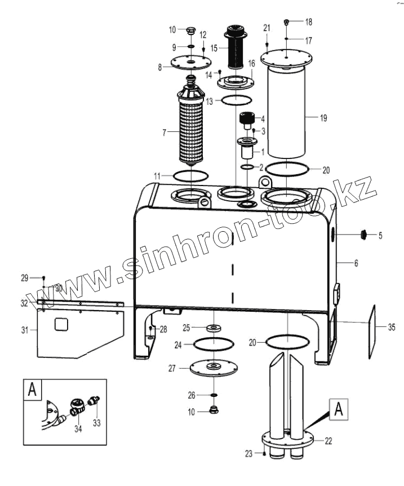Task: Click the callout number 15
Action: [x=214, y=48]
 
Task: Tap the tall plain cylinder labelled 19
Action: [x=287, y=113]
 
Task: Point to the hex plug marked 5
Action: [x=364, y=235]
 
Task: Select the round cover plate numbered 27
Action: [x=212, y=368]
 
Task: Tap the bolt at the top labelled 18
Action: [x=287, y=22]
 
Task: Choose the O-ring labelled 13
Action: [x=236, y=100]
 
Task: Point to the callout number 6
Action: [x=356, y=263]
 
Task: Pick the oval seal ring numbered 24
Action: [x=212, y=343]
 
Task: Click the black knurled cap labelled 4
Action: [x=246, y=119]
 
